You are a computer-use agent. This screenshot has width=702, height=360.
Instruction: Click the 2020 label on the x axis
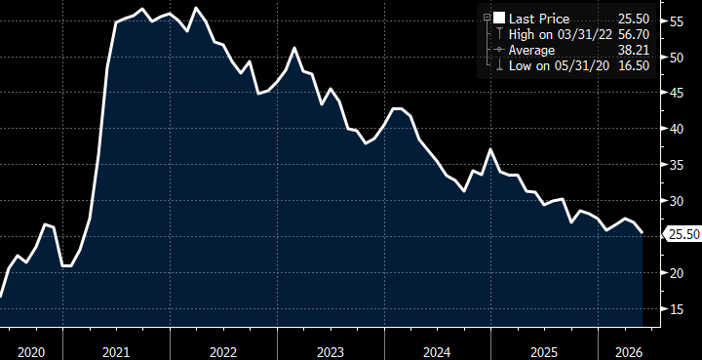(x=31, y=352)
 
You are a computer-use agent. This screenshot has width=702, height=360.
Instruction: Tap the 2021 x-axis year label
(x=116, y=352)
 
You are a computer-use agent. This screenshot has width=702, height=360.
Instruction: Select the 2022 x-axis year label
(x=223, y=352)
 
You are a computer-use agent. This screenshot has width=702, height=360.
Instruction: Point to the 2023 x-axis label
(x=331, y=352)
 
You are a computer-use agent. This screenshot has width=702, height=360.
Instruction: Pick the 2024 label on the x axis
(x=438, y=352)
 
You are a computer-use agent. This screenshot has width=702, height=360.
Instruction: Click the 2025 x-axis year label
(x=545, y=352)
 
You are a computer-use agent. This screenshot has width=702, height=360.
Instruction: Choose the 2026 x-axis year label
(x=630, y=352)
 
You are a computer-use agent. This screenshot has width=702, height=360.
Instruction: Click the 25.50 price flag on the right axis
(x=682, y=234)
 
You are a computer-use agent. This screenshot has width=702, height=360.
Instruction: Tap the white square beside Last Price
(x=499, y=19)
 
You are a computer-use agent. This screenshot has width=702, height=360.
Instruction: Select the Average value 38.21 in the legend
(x=633, y=50)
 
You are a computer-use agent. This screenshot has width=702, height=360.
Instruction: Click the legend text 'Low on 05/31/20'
(x=560, y=65)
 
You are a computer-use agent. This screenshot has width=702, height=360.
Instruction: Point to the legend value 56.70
(x=633, y=34)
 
